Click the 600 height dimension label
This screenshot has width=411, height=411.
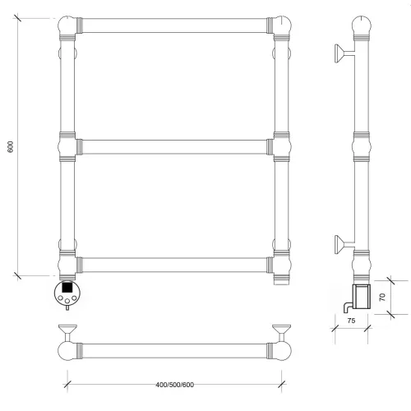[x=10, y=147]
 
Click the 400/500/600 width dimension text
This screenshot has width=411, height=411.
[x=175, y=385]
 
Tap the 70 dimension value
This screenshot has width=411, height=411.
[x=382, y=297]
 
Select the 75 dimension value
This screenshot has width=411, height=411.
[x=351, y=321]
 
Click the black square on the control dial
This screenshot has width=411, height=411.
[x=67, y=288]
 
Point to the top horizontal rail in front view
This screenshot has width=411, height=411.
[x=174, y=25]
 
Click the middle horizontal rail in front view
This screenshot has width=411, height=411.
[x=174, y=147]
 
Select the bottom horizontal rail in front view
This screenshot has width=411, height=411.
[x=174, y=265]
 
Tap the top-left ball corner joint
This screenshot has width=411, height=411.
[x=67, y=25]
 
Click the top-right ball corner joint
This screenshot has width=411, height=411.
[x=283, y=25]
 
